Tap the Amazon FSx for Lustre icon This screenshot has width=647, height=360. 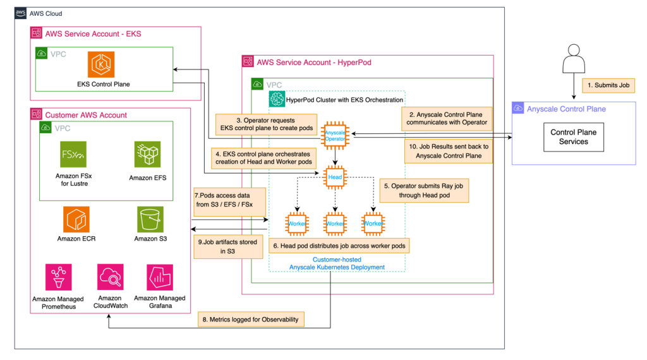click(x=73, y=155)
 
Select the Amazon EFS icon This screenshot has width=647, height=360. click(x=147, y=155)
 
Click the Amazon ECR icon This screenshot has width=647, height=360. click(x=76, y=219)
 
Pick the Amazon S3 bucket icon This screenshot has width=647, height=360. click(x=150, y=219)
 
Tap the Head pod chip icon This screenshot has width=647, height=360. click(x=335, y=177)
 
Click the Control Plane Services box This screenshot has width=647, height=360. click(x=573, y=137)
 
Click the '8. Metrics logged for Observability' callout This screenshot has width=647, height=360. click(x=251, y=319)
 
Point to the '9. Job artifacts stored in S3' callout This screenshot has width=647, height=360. click(x=227, y=246)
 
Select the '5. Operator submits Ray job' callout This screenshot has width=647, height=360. click(x=425, y=191)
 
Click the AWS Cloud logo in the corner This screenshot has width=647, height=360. click(x=21, y=13)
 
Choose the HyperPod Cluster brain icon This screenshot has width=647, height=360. click(x=277, y=99)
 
